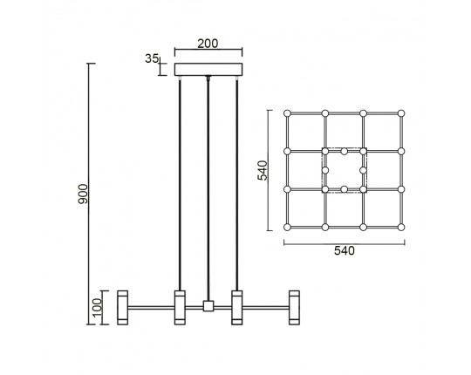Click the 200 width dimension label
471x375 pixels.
coord(208,44)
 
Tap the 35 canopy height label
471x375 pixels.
coord(152,58)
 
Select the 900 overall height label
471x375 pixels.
coord(83,194)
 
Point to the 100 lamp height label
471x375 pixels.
coord(97,308)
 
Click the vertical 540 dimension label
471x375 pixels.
coord(263,171)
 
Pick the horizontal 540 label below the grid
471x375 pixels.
coord(345,250)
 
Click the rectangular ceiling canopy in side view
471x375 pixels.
coord(208,70)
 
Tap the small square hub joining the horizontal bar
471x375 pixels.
coord(208,306)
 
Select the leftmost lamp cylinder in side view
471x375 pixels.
coord(123,308)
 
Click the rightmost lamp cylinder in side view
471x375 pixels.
coord(294,308)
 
